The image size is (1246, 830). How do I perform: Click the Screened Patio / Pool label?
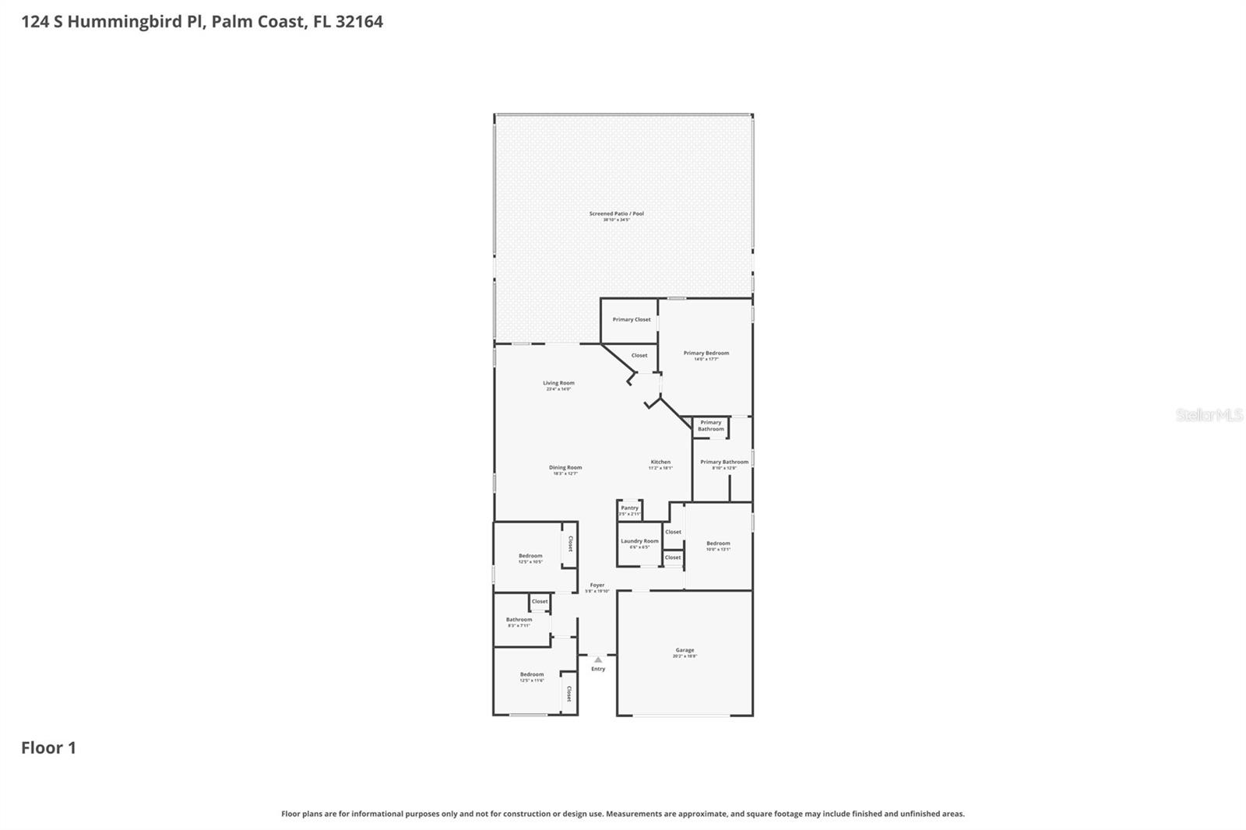click(616, 213)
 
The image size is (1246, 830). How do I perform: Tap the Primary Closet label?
click(631, 319)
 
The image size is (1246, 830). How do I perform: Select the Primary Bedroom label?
click(706, 353)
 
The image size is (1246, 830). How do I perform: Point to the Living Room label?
click(558, 383)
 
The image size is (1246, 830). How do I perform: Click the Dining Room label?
click(565, 468)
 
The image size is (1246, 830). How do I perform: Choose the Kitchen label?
click(660, 462)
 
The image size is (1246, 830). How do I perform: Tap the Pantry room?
click(629, 510)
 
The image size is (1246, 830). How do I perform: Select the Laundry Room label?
click(639, 541)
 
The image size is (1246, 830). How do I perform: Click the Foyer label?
click(597, 586)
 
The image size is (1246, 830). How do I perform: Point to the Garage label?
click(685, 650)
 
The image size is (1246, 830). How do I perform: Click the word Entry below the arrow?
click(597, 669)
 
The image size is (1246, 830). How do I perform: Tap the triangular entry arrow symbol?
click(597, 659)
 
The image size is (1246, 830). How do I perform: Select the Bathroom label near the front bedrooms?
click(519, 620)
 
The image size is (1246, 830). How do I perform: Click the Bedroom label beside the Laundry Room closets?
click(718, 543)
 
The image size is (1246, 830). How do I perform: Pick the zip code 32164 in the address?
click(359, 22)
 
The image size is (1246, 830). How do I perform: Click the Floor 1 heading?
click(48, 748)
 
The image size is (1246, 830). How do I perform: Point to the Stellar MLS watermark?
click(1209, 415)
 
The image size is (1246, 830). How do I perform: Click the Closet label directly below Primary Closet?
click(639, 355)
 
